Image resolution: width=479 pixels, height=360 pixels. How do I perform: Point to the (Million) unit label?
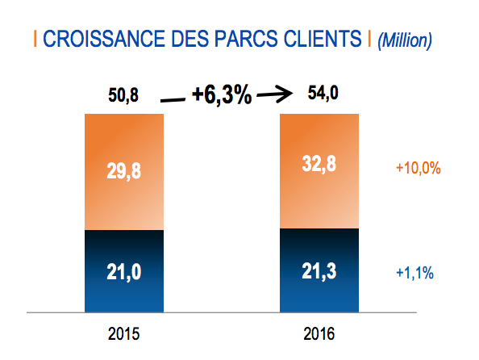[x=405, y=39]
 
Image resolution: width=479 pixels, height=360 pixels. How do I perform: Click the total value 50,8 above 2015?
[x=123, y=95]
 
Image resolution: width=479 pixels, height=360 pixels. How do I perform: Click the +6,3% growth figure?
[x=222, y=96]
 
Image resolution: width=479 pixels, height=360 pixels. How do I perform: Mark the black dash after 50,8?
[x=172, y=99]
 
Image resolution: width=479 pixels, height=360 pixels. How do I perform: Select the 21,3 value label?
[x=319, y=272]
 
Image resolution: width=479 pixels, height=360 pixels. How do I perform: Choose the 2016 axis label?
[x=319, y=333]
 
